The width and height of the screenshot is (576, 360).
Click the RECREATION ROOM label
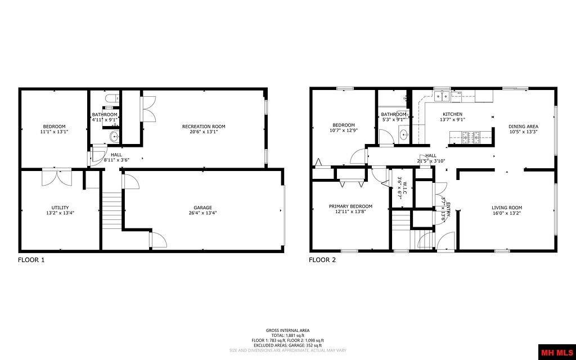coord(204,127)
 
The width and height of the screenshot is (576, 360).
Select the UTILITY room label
coord(60,208)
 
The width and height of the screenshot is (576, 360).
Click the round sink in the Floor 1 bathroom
coord(114,136)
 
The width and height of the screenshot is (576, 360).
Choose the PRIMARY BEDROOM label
coord(350,206)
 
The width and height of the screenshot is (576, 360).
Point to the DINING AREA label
coord(523,127)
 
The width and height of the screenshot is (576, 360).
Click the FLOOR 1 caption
coord(31,260)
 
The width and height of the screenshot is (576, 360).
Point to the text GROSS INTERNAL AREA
coord(287,331)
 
